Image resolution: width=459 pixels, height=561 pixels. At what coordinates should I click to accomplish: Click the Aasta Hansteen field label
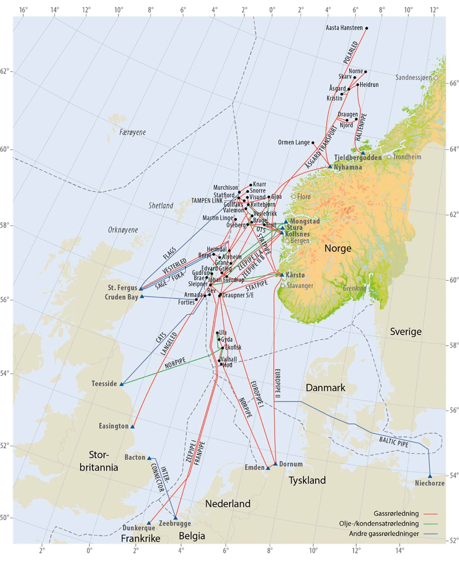coord(344,28)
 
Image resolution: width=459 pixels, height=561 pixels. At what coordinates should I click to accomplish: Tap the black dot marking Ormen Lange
coord(313,143)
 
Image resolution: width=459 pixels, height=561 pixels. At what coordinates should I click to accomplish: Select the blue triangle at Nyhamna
coord(330,166)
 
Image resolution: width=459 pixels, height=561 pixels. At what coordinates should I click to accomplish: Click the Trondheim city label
coord(407,157)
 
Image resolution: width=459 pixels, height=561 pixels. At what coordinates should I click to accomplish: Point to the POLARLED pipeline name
coord(350,52)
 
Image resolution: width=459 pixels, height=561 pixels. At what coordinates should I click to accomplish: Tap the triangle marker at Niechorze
coord(430,476)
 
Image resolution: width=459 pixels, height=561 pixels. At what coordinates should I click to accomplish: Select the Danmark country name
coord(326,388)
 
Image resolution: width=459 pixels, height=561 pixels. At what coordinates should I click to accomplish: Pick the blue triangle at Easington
coord(132,426)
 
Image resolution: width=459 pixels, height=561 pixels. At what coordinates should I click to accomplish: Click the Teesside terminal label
coord(104,383)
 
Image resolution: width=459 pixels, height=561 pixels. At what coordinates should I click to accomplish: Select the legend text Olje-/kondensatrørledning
coord(379,523)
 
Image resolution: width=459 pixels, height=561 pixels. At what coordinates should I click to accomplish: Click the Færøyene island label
coord(132,132)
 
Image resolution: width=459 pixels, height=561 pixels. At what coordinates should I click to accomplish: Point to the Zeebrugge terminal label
coord(175,523)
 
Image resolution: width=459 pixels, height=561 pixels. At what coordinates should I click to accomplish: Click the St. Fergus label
coord(122,287)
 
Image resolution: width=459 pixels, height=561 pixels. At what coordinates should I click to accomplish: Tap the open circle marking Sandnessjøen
coord(436,78)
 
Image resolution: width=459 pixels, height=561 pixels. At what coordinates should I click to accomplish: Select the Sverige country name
coord(405,331)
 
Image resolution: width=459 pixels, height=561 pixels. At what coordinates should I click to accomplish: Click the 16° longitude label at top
coord(23,10)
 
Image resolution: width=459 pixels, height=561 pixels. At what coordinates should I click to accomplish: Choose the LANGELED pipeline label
coord(169,344)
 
